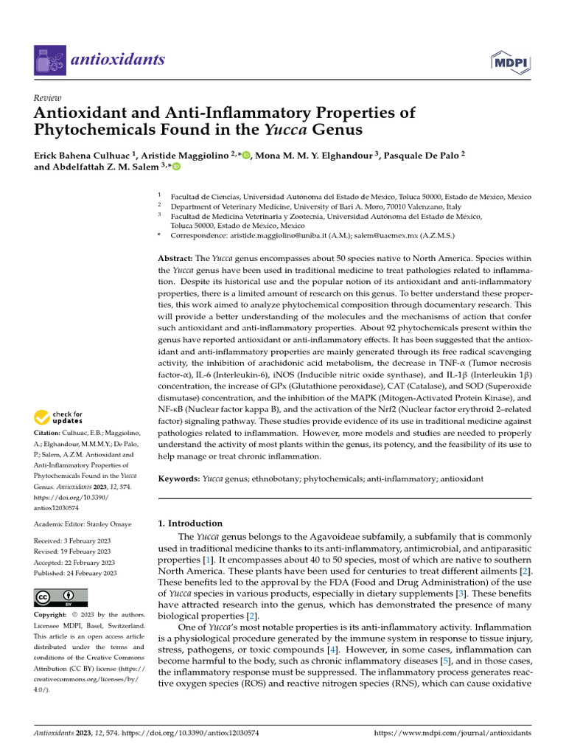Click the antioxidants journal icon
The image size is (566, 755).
49,60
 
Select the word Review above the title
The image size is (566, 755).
48,98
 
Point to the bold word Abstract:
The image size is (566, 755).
175,260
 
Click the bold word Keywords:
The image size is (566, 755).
180,479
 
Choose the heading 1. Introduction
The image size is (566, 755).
191,523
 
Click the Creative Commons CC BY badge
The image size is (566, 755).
60,597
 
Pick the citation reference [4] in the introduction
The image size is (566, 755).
333,651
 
